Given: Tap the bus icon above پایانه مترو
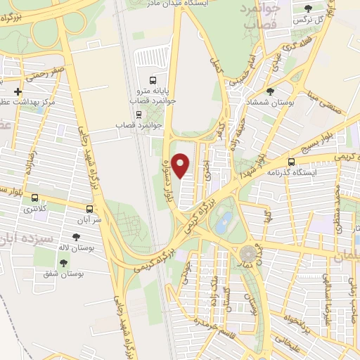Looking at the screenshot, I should click(153, 79).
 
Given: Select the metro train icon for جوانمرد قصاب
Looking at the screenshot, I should click(138, 114).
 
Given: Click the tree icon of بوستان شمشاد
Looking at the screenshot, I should click(271, 91).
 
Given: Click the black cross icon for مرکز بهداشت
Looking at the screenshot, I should click(18, 92).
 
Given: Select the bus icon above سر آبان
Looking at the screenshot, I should click(89, 209).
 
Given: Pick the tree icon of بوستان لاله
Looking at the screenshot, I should click(76, 238).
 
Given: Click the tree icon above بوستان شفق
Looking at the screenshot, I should click(63, 262).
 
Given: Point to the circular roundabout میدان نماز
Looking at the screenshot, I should click(248, 252).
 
